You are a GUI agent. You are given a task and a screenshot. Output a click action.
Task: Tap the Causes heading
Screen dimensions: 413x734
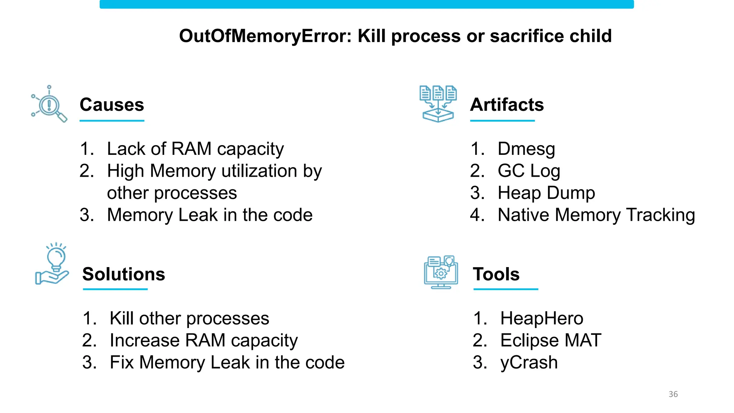(111, 105)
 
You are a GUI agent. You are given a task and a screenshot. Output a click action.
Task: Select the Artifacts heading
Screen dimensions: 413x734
(506, 105)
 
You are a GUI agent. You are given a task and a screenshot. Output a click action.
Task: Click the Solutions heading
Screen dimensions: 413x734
(123, 274)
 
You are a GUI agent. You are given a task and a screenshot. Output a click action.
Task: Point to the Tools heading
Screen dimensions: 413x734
(496, 274)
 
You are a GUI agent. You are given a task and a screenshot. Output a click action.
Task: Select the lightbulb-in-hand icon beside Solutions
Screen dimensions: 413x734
(52, 265)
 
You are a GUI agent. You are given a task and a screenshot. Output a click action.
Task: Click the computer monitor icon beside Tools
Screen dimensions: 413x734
(441, 272)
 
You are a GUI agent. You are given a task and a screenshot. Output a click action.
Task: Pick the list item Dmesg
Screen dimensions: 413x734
(526, 149)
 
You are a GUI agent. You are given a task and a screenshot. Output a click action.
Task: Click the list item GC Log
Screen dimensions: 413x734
(528, 171)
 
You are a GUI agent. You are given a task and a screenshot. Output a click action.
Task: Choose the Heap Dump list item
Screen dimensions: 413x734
(546, 193)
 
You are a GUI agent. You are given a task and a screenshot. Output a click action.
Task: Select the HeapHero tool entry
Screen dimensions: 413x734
(541, 318)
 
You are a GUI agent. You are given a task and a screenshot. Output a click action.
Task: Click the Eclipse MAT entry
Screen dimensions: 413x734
(550, 340)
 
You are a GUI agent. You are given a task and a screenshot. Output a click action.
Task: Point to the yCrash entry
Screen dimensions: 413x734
(529, 362)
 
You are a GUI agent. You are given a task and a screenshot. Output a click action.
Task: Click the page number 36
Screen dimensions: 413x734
(673, 394)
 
